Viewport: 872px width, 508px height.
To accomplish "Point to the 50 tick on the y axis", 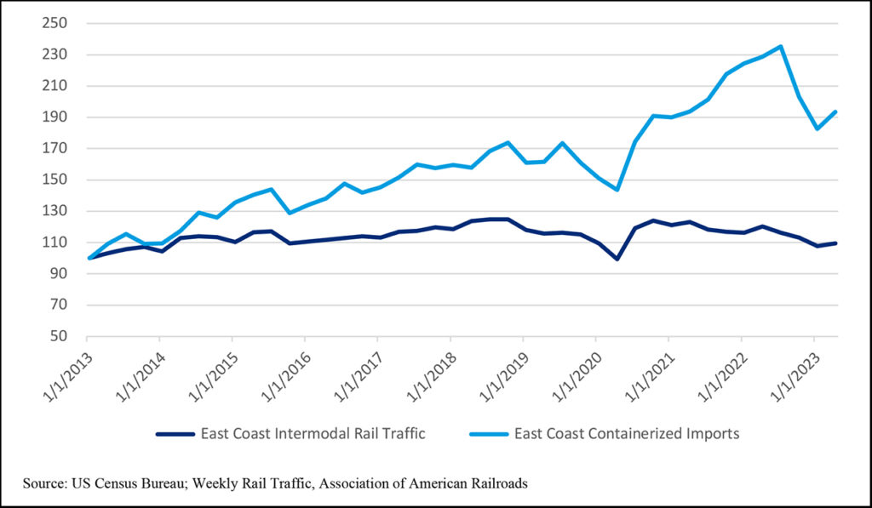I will pos(58,336).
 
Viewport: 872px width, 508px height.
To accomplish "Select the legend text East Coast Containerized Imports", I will pos(627,434).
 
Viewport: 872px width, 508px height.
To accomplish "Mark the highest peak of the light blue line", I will pos(780,47).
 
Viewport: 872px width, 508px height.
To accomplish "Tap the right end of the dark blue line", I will pos(835,243).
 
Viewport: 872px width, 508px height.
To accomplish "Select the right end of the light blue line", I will pos(835,111).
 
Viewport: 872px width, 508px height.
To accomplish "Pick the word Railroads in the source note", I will pos(498,483).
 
